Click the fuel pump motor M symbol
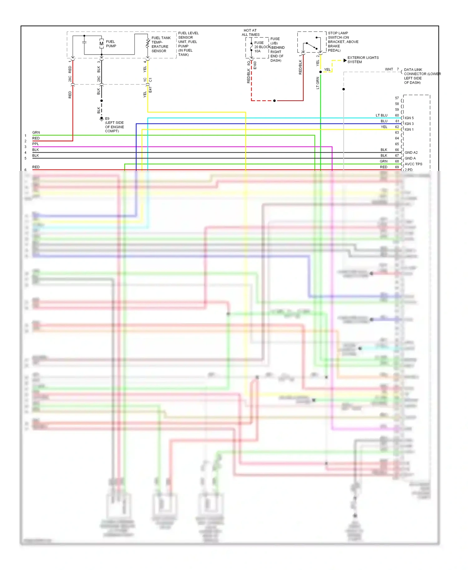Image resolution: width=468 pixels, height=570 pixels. tap(101, 44)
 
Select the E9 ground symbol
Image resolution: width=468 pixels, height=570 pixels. tap(101, 119)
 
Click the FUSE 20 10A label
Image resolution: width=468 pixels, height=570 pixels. tap(259, 47)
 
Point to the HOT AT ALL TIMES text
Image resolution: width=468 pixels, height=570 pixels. tap(250, 32)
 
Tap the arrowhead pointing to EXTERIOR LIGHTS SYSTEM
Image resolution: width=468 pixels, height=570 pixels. tap(345, 60)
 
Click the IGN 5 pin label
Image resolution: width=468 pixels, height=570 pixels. tap(409, 118)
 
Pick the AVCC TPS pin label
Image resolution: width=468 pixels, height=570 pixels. tap(413, 164)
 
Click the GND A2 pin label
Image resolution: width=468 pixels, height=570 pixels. tap(411, 152)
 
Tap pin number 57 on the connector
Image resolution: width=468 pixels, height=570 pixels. tap(397, 98)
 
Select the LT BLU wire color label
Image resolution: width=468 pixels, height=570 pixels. tap(381, 115)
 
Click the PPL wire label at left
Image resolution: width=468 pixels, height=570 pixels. tap(36, 144)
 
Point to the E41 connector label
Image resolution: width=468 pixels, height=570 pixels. tap(150, 90)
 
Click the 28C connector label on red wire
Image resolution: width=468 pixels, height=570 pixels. tap(70, 79)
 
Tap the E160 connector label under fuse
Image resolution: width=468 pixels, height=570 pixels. tap(255, 65)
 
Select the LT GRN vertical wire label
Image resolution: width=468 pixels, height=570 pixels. tap(318, 83)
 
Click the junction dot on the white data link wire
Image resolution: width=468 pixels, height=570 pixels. tap(344, 89)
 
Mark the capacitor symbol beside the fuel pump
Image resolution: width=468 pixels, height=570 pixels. tap(84, 42)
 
